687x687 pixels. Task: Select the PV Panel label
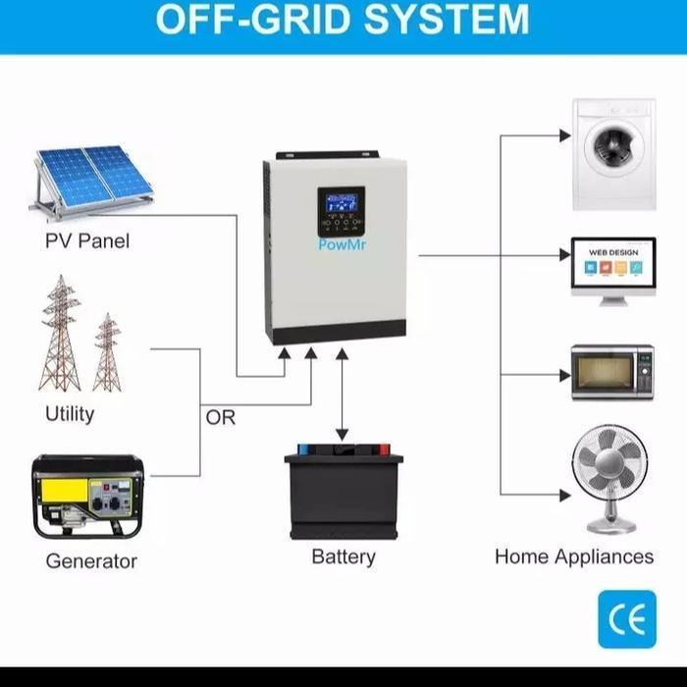[87, 240]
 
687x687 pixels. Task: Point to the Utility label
[70, 413]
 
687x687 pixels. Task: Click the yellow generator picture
[87, 497]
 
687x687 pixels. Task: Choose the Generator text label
[91, 561]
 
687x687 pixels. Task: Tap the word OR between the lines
[221, 417]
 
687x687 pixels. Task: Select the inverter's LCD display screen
[342, 208]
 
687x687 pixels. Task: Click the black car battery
[343, 494]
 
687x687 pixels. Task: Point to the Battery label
[343, 556]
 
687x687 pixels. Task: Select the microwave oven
[612, 372]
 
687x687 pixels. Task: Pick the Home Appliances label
[574, 556]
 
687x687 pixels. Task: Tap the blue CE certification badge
[627, 619]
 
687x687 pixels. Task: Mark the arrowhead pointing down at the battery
[342, 435]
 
